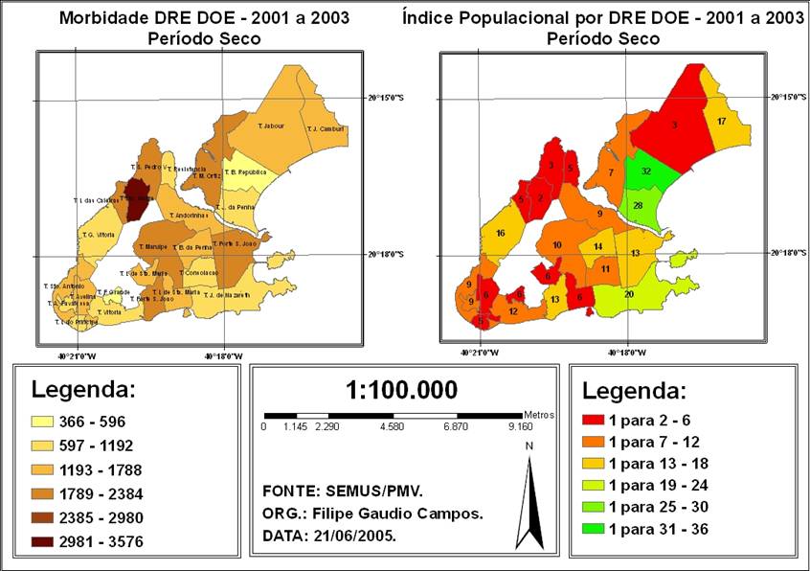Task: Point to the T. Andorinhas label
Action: tap(191, 216)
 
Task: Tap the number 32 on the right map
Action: tap(646, 171)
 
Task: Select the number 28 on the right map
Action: tap(637, 205)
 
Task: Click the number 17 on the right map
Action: tap(721, 122)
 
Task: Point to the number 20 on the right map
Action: tap(628, 294)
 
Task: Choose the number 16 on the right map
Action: tap(499, 234)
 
